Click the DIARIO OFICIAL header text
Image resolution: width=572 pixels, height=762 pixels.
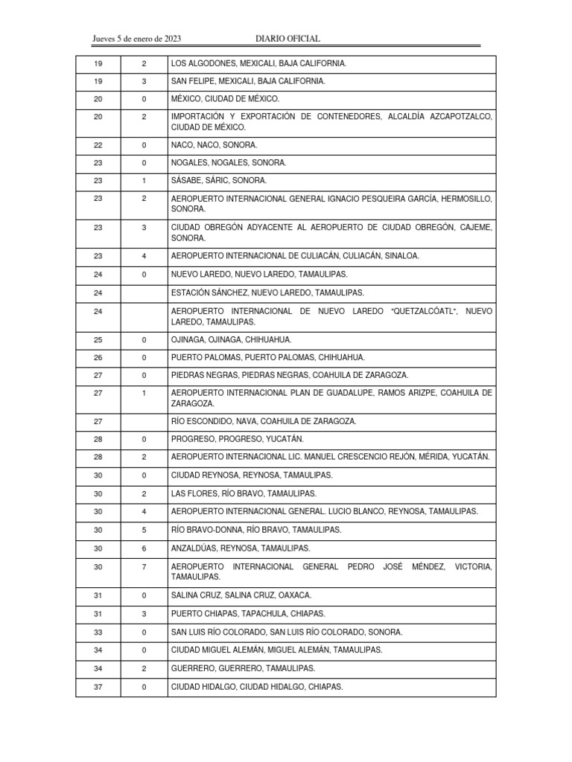tap(287, 39)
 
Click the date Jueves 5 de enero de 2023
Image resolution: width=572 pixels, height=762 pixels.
tap(137, 39)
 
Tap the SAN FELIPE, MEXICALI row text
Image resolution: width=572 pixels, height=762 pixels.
tap(247, 81)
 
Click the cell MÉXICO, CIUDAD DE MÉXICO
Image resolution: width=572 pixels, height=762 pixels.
tap(225, 99)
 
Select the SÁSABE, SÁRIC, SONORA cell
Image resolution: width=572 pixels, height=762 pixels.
tap(218, 181)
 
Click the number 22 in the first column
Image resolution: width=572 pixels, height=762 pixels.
tap(98, 145)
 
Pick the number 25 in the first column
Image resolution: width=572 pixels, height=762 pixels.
tap(98, 340)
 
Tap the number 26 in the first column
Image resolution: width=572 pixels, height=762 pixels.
tap(98, 358)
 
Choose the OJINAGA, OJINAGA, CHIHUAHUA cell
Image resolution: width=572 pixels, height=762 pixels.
tap(231, 340)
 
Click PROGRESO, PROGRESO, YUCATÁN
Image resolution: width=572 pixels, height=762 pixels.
tap(237, 439)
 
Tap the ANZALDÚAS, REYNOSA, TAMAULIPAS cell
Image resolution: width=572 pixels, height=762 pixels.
tap(240, 548)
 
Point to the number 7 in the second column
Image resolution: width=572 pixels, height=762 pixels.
tap(144, 567)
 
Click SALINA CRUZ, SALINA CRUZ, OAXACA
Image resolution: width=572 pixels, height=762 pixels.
tap(241, 595)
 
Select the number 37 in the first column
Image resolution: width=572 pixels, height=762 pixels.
tap(98, 688)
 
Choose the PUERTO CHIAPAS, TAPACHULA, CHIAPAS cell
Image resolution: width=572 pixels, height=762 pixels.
tap(247, 614)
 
